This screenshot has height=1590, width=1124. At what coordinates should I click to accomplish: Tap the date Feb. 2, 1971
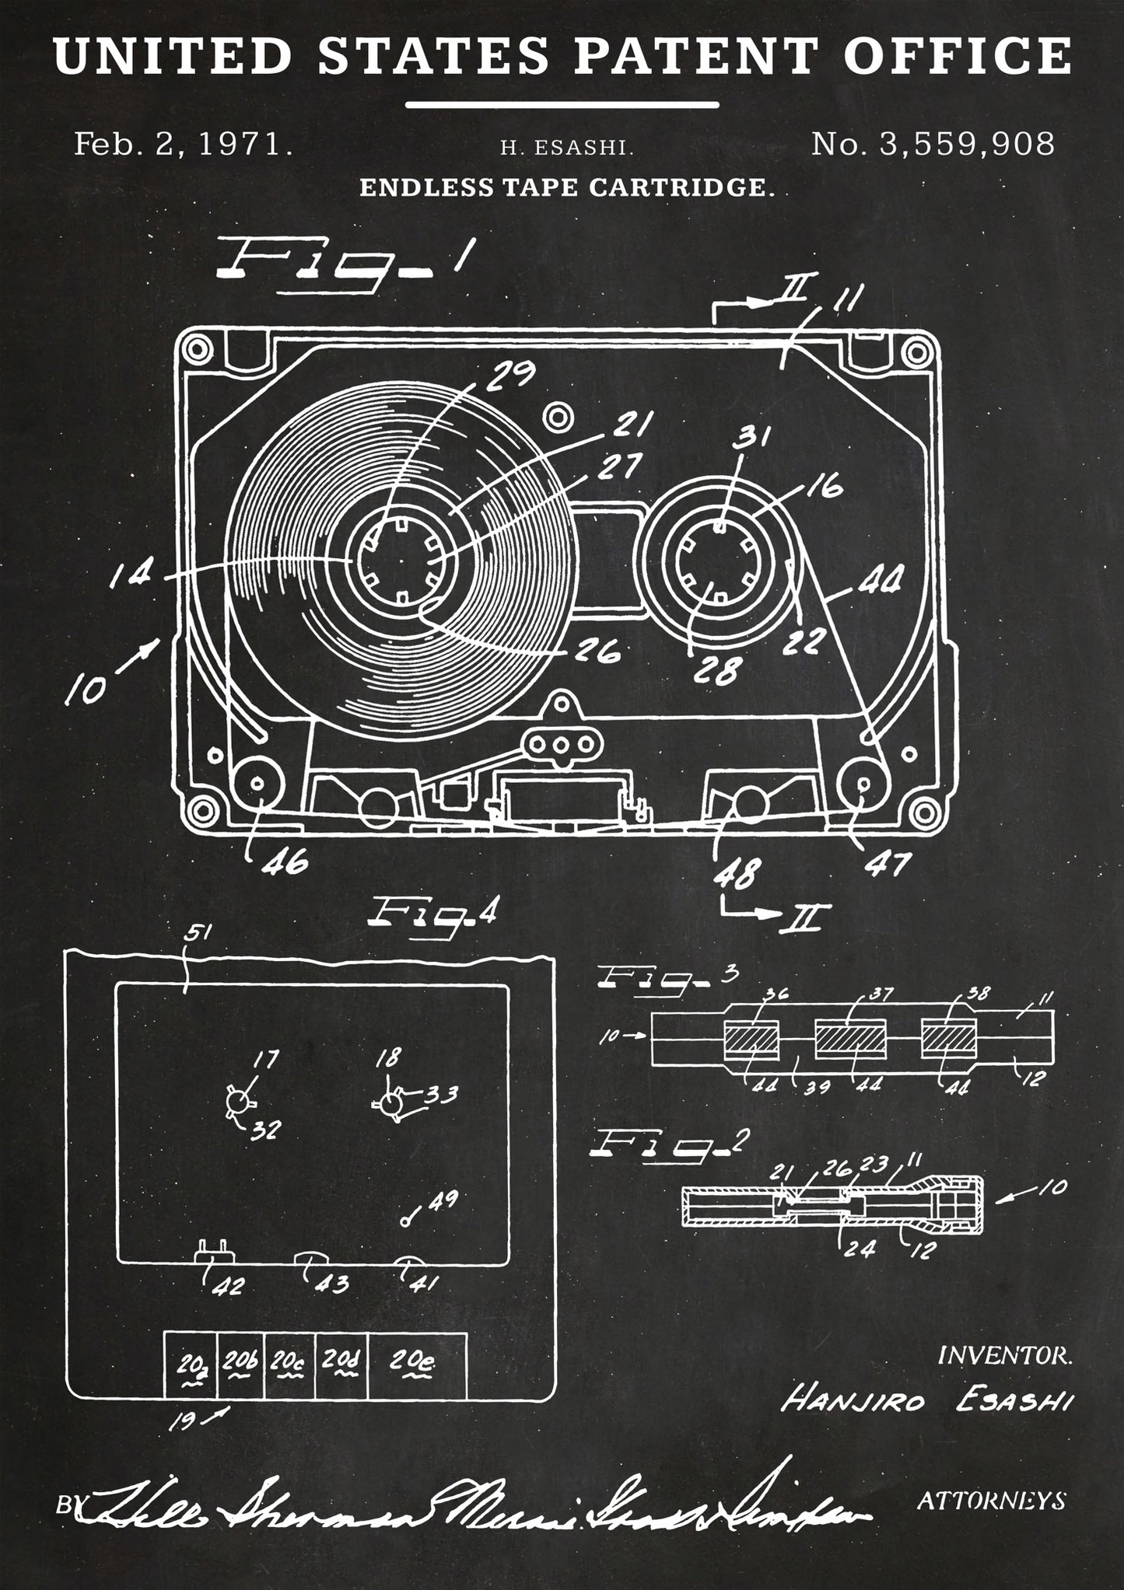(183, 145)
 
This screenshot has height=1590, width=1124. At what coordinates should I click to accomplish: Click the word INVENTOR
(1005, 1357)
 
